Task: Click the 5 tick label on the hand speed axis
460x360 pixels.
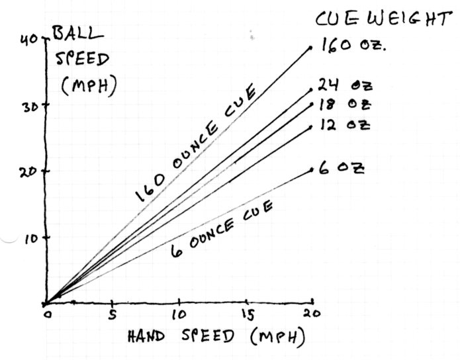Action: (x=113, y=314)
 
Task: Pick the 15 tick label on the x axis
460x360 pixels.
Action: (x=248, y=314)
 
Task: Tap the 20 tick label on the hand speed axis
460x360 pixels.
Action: (x=314, y=314)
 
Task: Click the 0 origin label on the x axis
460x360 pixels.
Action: (x=46, y=314)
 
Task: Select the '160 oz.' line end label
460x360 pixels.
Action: (x=353, y=47)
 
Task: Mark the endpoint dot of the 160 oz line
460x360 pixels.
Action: (x=311, y=48)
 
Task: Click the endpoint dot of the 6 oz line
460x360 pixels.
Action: (x=312, y=170)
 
